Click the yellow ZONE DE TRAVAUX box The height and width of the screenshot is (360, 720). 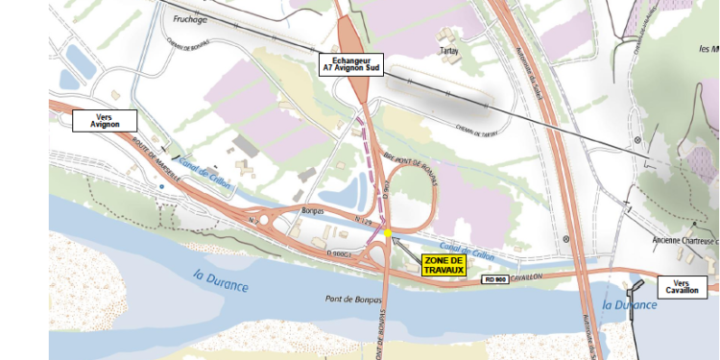pos(444,265)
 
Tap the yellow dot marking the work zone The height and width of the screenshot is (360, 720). pos(387,232)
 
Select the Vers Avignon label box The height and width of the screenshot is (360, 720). pos(106,120)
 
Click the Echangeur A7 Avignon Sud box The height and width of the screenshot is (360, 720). pos(351,64)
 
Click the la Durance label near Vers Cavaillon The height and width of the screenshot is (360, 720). pos(629,304)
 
